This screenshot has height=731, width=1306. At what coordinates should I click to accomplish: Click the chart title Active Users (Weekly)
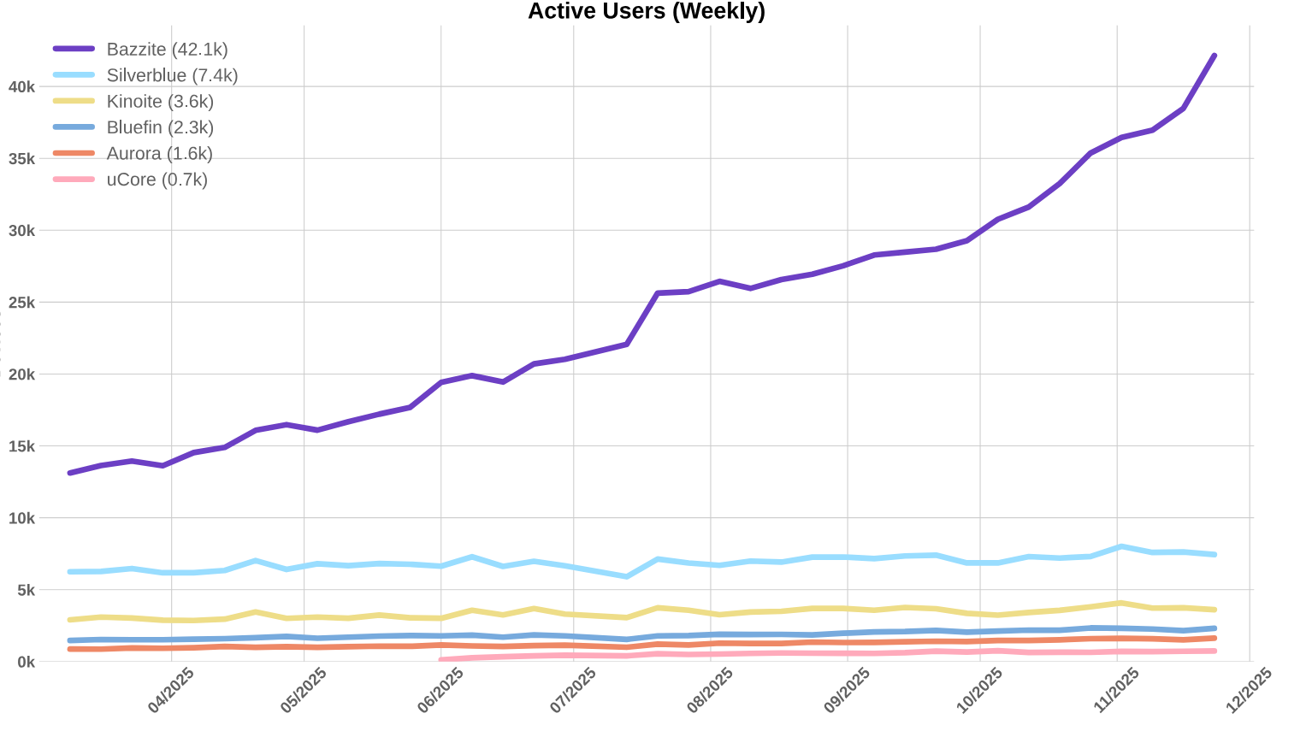[x=646, y=11]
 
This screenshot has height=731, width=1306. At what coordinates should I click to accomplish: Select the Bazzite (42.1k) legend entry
[x=167, y=50]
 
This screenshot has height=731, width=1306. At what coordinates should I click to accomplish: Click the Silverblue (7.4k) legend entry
[x=172, y=75]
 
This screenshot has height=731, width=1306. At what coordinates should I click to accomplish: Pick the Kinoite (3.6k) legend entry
[x=160, y=102]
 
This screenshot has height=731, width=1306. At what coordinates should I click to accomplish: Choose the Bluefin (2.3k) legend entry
[x=160, y=127]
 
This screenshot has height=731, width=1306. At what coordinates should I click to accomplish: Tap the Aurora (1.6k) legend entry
[x=159, y=154]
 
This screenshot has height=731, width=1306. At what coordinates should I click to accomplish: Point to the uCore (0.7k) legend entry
[x=157, y=180]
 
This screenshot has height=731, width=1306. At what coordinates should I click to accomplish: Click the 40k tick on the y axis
[x=21, y=87]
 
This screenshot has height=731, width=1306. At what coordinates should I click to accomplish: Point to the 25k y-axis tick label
[x=21, y=303]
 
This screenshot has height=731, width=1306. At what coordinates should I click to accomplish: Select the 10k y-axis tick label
[x=21, y=518]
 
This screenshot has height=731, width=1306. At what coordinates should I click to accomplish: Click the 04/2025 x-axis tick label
[x=171, y=691]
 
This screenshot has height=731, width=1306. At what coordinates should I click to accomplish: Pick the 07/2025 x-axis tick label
[x=573, y=691]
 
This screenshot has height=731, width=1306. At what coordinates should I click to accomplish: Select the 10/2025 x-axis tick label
[x=979, y=691]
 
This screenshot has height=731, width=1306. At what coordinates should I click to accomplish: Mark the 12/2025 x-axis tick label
[x=1250, y=691]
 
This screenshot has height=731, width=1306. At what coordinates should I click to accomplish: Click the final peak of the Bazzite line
[x=1214, y=56]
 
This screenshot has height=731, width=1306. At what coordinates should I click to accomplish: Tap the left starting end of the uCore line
[x=441, y=660]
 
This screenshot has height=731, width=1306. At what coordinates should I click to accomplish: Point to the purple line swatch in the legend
[x=74, y=50]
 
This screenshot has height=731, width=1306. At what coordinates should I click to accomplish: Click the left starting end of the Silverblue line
[x=69, y=571]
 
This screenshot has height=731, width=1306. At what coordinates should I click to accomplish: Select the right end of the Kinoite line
[x=1214, y=610]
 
